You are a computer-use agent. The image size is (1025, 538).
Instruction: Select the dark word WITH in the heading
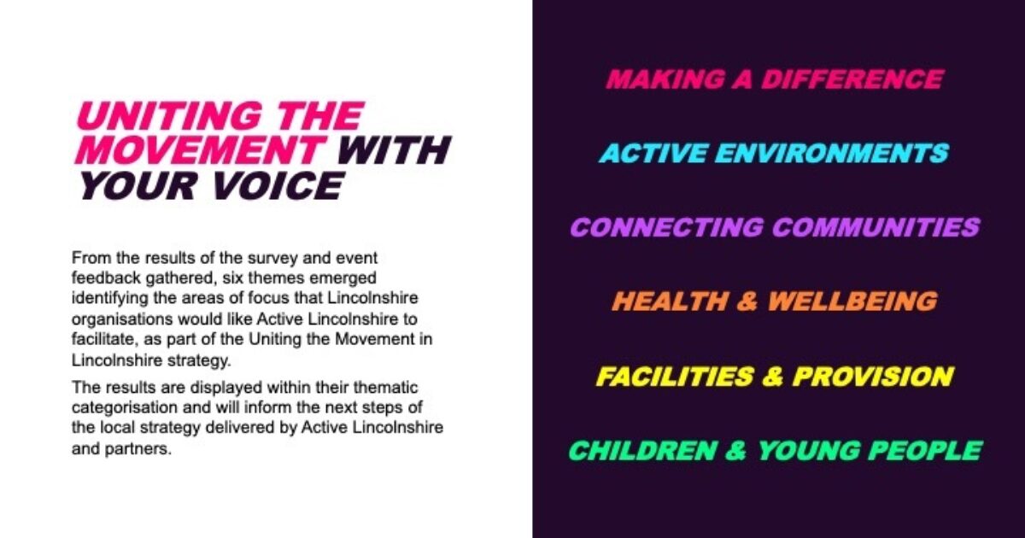tap(394, 151)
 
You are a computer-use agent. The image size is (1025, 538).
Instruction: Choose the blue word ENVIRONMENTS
tap(834, 154)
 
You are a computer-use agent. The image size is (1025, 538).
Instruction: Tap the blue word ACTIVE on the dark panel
tap(653, 154)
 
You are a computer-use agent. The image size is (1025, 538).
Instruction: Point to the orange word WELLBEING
tap(852, 301)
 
